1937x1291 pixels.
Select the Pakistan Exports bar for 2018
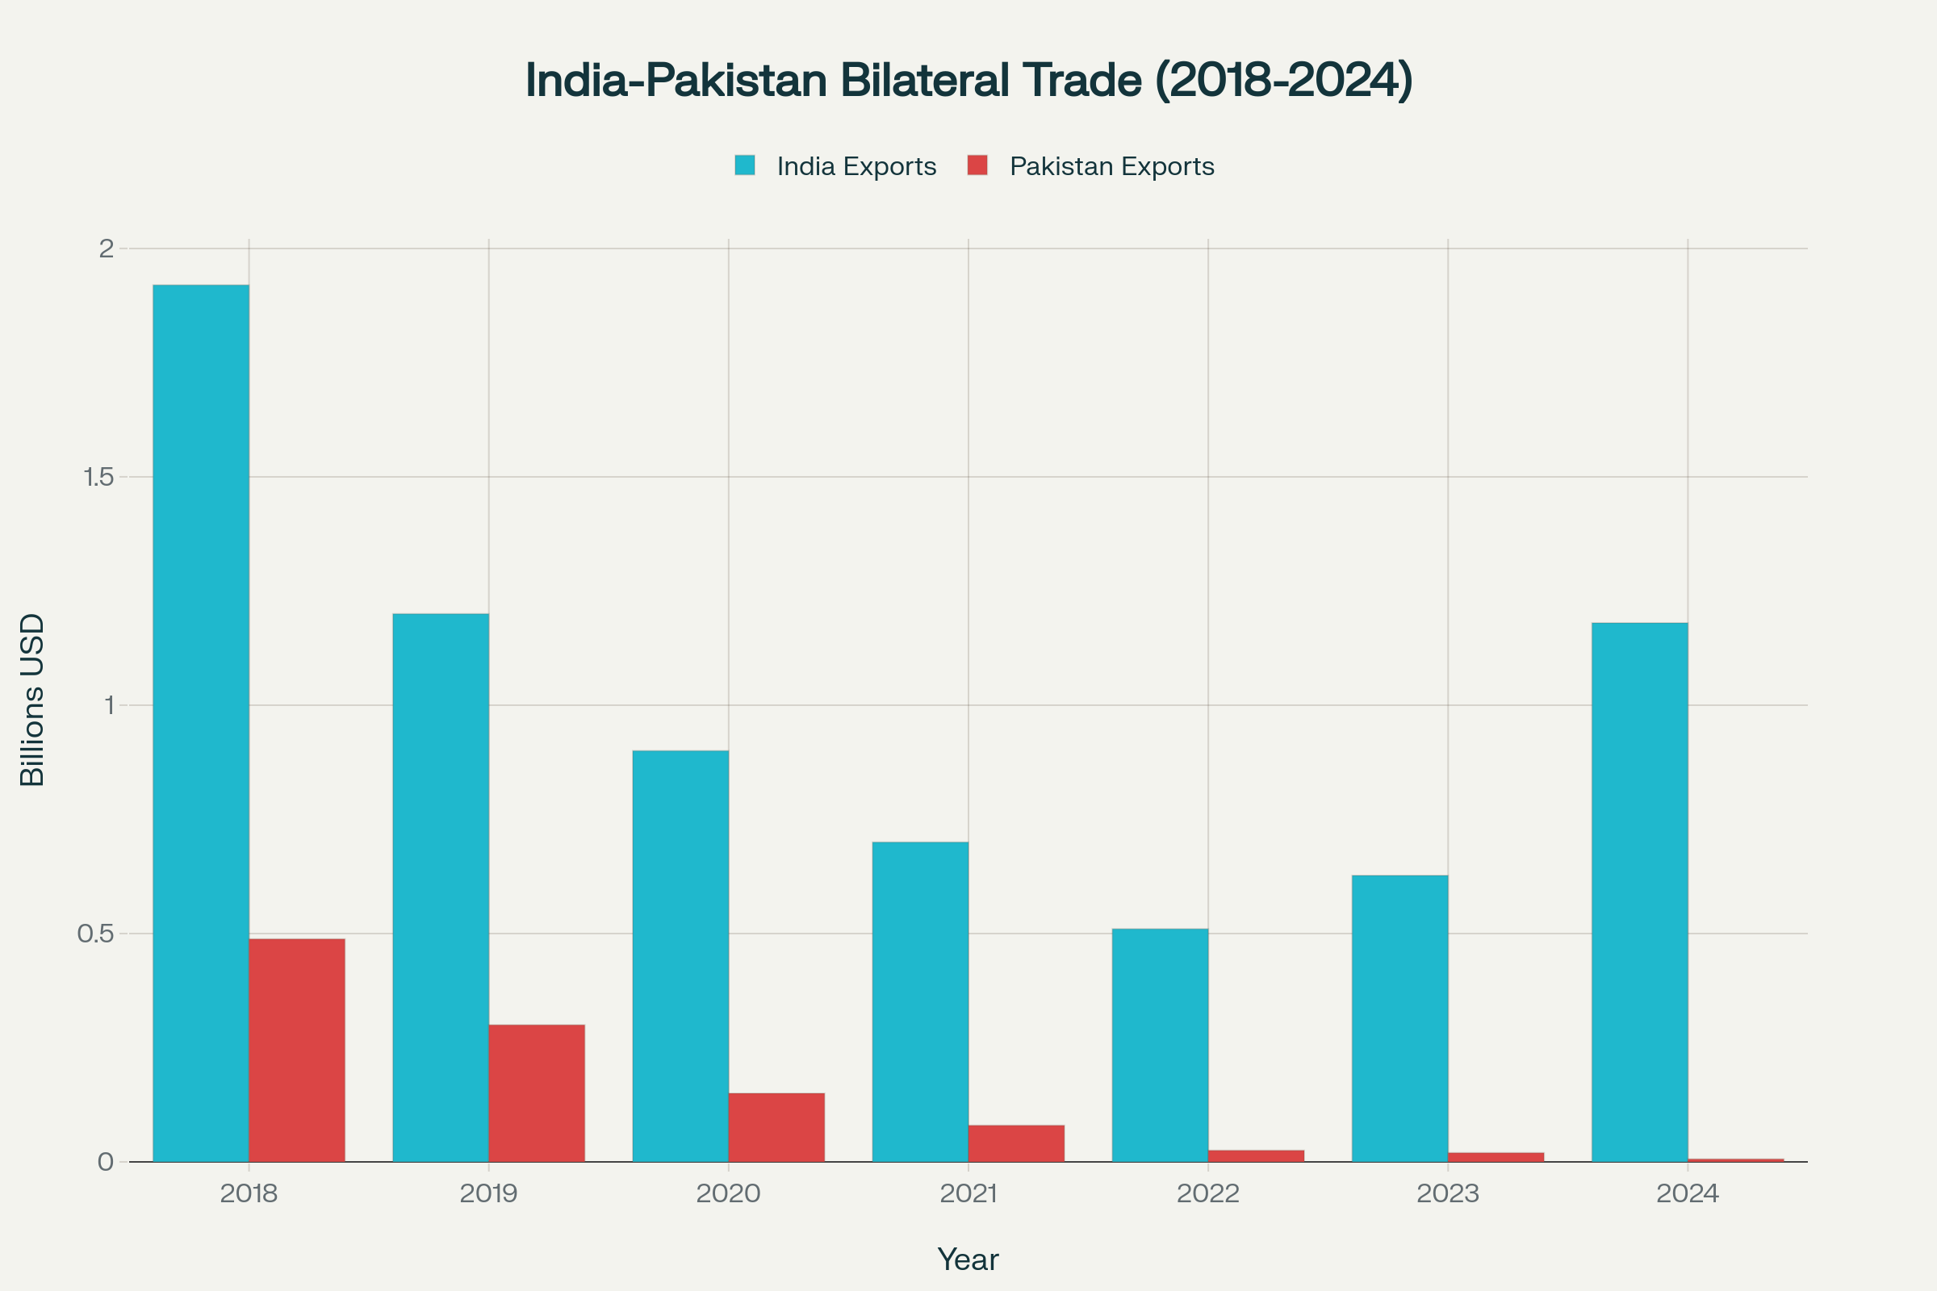coord(296,1050)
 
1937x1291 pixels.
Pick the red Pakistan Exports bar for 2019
coord(536,1093)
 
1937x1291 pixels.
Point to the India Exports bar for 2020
coord(680,956)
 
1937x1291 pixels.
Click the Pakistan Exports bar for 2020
coord(776,1127)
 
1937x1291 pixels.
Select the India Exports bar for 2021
coord(920,1001)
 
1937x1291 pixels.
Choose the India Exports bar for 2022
coord(1160,1045)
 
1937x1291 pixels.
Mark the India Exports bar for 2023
coord(1400,1017)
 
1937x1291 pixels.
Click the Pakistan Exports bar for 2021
coord(1016,1143)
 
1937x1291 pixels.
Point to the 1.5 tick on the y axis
coord(98,477)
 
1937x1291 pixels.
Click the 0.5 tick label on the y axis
coord(95,934)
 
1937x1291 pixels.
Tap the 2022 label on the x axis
coord(1208,1194)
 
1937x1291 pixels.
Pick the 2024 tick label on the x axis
coord(1688,1194)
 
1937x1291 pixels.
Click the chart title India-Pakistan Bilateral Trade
coord(968,80)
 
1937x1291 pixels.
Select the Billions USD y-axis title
coord(32,700)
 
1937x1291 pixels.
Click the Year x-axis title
coord(968,1260)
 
